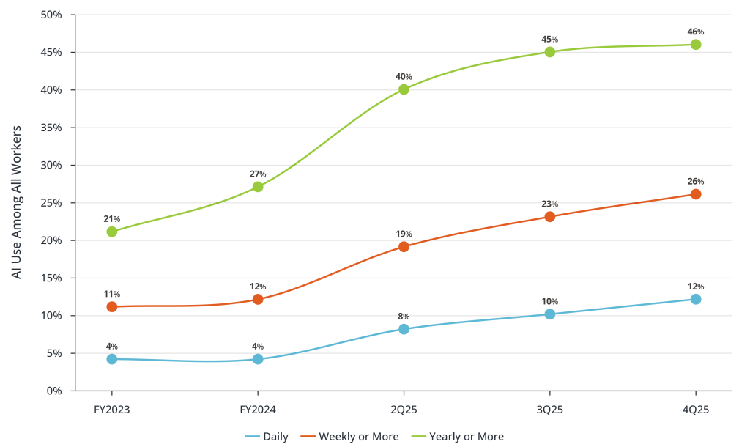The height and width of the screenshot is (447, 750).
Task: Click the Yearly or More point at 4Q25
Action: point(695,45)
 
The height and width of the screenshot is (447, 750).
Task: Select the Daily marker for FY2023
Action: point(111,359)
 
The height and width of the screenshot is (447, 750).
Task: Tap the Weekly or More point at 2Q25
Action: point(404,247)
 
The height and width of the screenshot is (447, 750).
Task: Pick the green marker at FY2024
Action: point(258,187)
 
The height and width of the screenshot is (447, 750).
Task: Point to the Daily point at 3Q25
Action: point(550,314)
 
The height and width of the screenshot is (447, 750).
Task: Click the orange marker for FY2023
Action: point(111,307)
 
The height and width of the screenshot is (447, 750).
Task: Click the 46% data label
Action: point(695,32)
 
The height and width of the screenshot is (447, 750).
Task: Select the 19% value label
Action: point(404,234)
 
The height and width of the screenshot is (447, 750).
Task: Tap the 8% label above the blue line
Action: point(404,317)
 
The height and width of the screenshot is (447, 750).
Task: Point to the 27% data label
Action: point(258,174)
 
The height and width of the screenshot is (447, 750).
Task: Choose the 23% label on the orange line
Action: point(550,204)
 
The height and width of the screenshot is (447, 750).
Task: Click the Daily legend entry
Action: point(267,437)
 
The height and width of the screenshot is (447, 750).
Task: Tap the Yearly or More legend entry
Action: point(458,437)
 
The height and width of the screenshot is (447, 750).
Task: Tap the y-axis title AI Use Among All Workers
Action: point(17,202)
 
